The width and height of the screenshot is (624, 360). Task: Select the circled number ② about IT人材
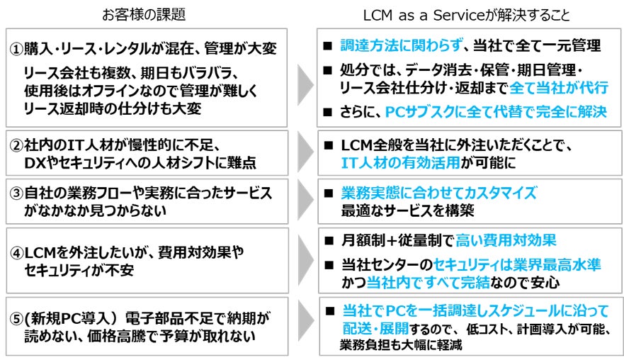coord(17,146)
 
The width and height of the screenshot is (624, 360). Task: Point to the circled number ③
coord(17,193)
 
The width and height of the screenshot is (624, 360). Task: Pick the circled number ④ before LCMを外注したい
coord(17,252)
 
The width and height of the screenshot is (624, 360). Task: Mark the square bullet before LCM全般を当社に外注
coord(328,145)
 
